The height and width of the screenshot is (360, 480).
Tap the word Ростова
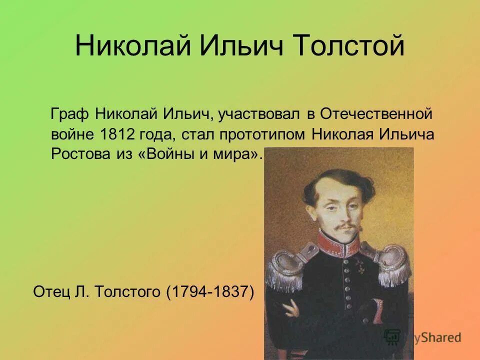[x=78, y=153]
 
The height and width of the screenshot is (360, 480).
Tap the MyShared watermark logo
[x=422, y=337]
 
